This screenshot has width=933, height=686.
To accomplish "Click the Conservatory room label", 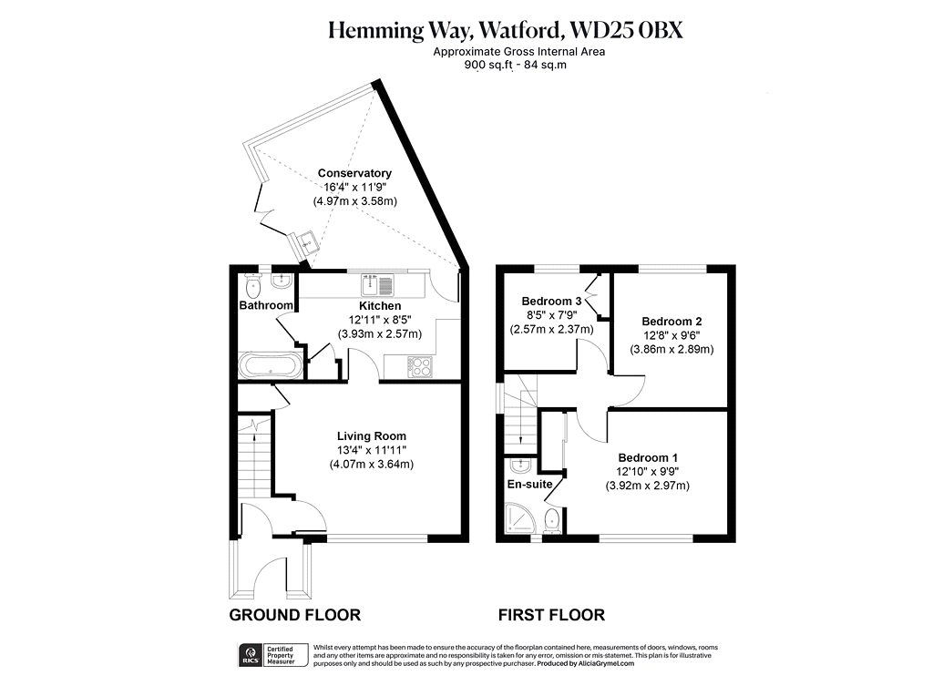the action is pos(354,173).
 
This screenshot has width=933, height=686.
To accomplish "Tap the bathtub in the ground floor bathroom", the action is pos(271,365).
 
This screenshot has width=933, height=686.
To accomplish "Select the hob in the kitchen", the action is pos(421,366).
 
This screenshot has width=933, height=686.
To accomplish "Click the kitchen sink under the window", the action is pos(377,285).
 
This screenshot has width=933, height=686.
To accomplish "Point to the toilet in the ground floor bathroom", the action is pos(253,285).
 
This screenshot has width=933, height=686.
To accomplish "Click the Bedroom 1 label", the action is pos(648,457).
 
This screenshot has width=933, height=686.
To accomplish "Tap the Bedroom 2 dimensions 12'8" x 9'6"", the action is pos(672,335).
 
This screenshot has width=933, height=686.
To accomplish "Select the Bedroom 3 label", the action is pos(551,301).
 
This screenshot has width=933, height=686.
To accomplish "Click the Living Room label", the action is pos(372,436).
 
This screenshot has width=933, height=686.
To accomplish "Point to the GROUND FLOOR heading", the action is pos(294,615).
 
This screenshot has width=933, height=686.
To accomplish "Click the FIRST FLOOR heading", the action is pos(551,615).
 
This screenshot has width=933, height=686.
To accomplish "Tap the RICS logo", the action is pos(250,654).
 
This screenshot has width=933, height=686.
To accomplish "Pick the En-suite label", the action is pos(529,485).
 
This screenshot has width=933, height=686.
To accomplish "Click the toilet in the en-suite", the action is pos(552,520).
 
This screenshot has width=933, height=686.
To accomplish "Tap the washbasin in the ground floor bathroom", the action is pos(281,280).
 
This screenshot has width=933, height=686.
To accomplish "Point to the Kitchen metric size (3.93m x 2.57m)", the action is pos(380,333).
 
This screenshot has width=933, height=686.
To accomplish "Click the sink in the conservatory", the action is pos(305,242).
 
